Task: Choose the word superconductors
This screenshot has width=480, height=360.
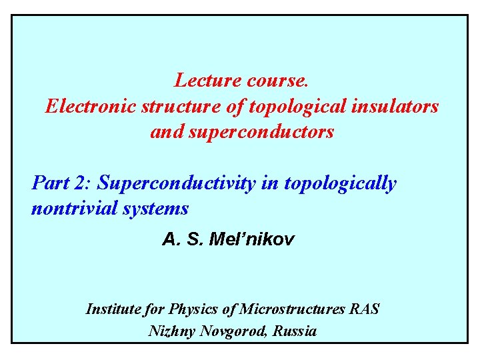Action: pyautogui.click(x=261, y=132)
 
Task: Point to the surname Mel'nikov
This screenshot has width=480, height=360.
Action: pyautogui.click(x=251, y=239)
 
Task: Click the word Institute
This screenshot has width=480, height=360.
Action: pyautogui.click(x=113, y=309)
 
